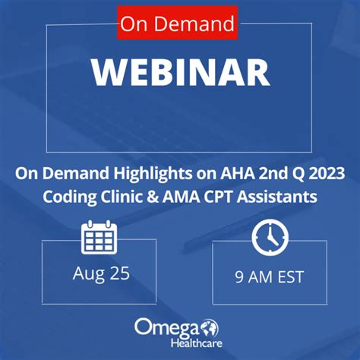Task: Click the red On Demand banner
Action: (x=177, y=23)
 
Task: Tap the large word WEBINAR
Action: (x=181, y=73)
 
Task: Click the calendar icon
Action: (x=99, y=237)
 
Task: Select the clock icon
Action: (x=270, y=237)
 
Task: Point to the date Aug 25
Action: (x=101, y=274)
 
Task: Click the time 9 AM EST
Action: (x=269, y=276)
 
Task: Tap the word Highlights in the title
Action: (x=153, y=174)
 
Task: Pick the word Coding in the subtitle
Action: (x=70, y=197)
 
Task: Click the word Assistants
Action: (x=277, y=197)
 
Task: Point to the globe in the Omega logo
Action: (x=210, y=328)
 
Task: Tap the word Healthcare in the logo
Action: (x=197, y=343)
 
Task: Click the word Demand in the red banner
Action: (x=194, y=24)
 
